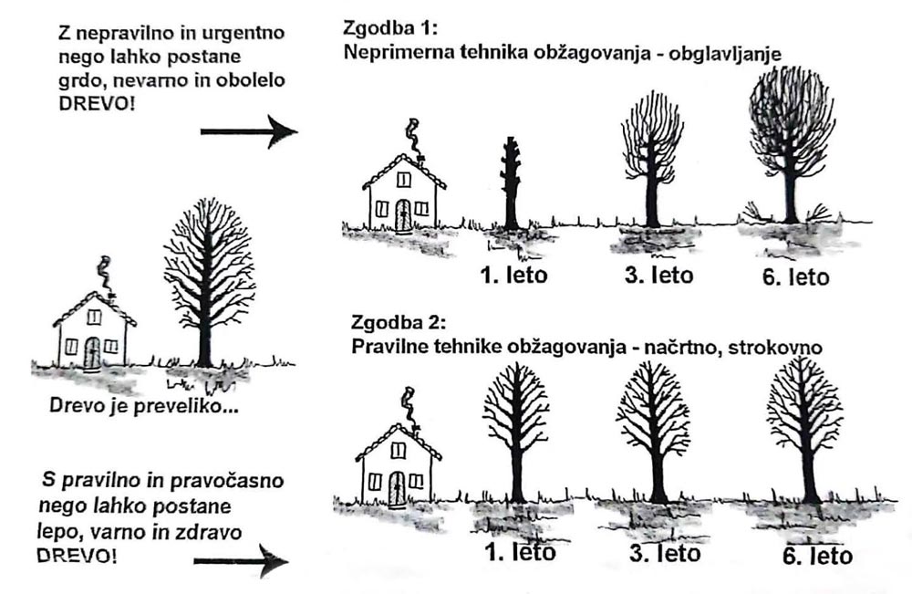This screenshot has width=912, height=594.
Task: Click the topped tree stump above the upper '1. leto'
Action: coord(512,183)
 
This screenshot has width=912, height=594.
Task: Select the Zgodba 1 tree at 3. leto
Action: coord(651,158)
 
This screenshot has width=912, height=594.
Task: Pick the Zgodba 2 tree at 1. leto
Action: coord(516,432)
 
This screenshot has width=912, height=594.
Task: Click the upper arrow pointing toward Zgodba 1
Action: coord(249,131)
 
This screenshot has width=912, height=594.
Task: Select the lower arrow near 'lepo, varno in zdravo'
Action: coord(242,561)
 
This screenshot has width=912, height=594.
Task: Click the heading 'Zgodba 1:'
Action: coord(389,27)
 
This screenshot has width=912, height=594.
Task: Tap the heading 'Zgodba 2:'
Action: coord(399,322)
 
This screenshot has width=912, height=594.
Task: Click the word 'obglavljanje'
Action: coord(725,54)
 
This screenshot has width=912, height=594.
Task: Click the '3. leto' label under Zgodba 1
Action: coord(659,275)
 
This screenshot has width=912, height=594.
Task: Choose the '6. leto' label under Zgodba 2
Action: coord(818,556)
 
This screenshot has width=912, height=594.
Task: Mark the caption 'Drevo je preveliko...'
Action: coord(144,405)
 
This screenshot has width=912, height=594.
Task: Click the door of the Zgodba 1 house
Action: coord(403,215)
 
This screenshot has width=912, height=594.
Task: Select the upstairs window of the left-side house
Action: coord(94,317)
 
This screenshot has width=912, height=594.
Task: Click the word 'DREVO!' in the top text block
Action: coord(97,104)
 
